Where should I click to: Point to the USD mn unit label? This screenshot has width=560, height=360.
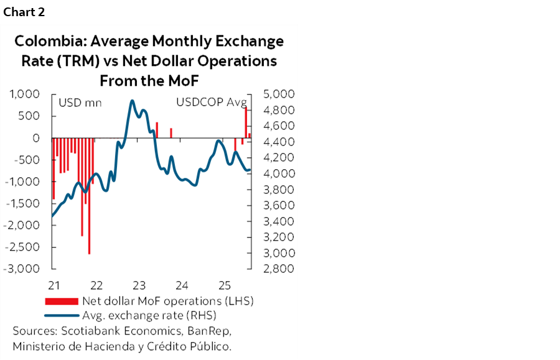point(80,103)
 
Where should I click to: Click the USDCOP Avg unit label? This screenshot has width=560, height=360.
point(212,103)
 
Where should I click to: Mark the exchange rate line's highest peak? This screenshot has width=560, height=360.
point(132,101)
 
